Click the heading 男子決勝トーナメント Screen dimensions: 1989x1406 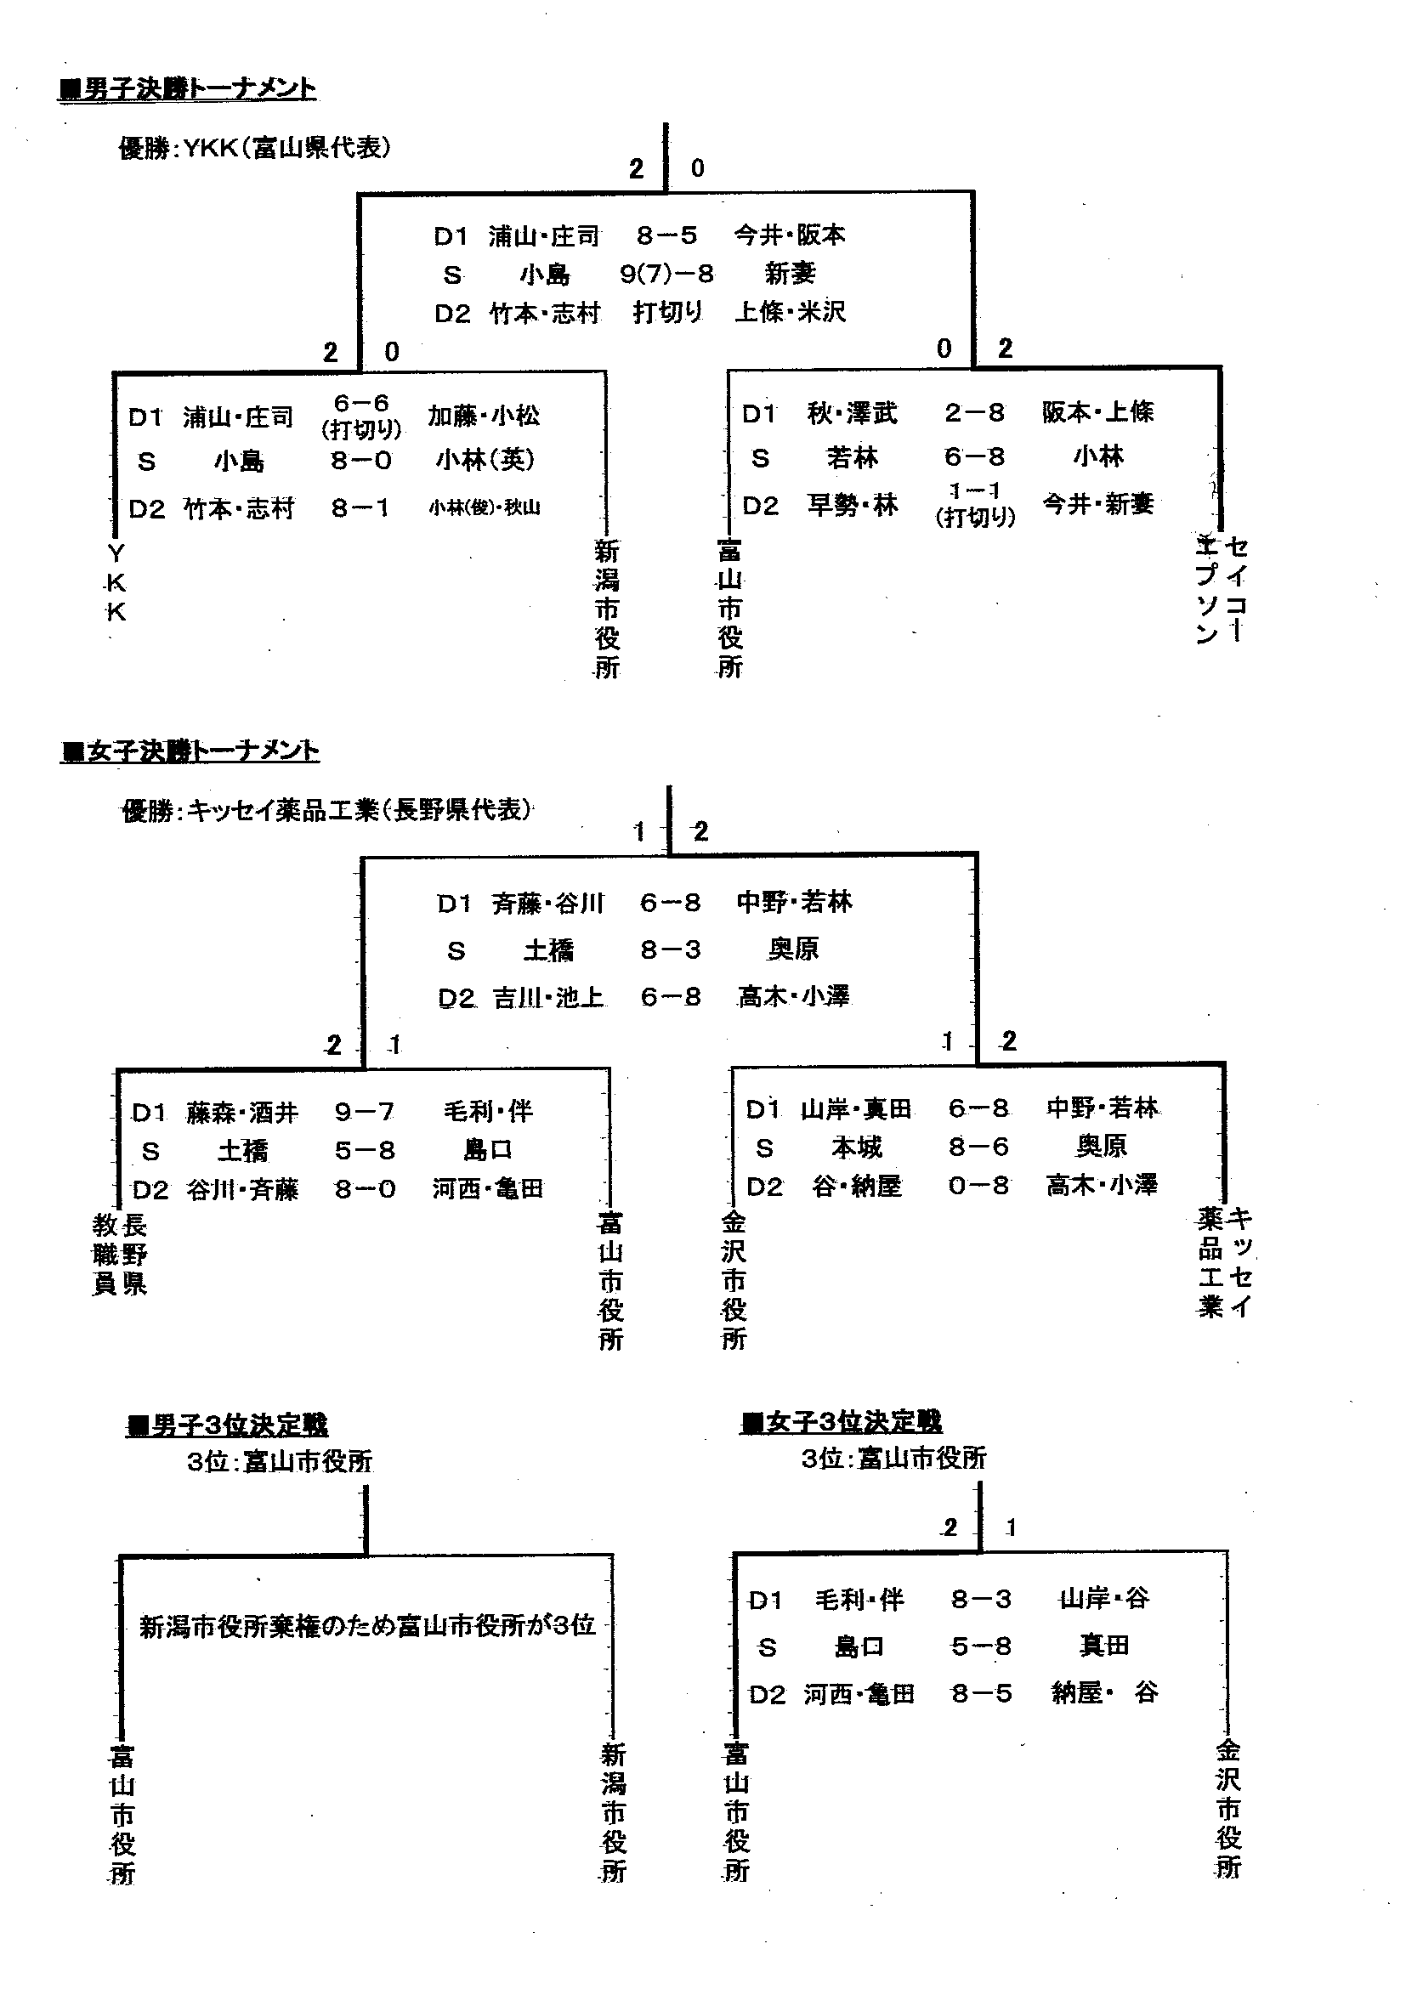click(188, 89)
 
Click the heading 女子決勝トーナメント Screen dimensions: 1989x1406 click(190, 751)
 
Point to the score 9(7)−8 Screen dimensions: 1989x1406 click(666, 275)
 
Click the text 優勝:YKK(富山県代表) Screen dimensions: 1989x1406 click(255, 148)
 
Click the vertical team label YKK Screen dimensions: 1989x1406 click(116, 582)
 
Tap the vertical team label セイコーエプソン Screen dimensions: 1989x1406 click(1222, 589)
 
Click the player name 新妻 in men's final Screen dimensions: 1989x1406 click(790, 275)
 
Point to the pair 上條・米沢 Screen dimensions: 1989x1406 click(790, 312)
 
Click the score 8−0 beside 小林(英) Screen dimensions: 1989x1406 click(361, 461)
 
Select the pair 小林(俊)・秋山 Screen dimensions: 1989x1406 click(485, 507)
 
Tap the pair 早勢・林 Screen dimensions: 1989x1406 click(853, 505)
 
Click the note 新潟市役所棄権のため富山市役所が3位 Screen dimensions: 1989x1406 click(367, 1626)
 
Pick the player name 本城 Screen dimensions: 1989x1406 click(856, 1147)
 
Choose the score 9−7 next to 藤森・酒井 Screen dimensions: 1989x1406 click(365, 1112)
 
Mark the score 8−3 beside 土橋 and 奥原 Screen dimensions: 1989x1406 click(671, 950)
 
